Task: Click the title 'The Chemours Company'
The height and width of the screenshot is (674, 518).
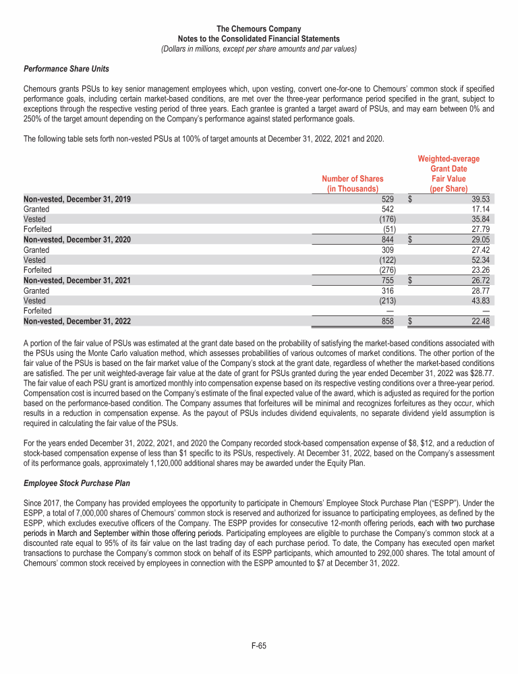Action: pyautogui.click(x=259, y=29)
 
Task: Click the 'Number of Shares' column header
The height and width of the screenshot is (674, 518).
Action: pyautogui.click(x=353, y=184)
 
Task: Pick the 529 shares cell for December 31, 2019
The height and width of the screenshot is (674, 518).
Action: pyautogui.click(x=388, y=200)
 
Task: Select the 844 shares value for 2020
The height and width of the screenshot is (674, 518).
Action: pyautogui.click(x=388, y=240)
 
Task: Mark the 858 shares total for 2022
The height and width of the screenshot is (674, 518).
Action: pyautogui.click(x=388, y=321)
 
